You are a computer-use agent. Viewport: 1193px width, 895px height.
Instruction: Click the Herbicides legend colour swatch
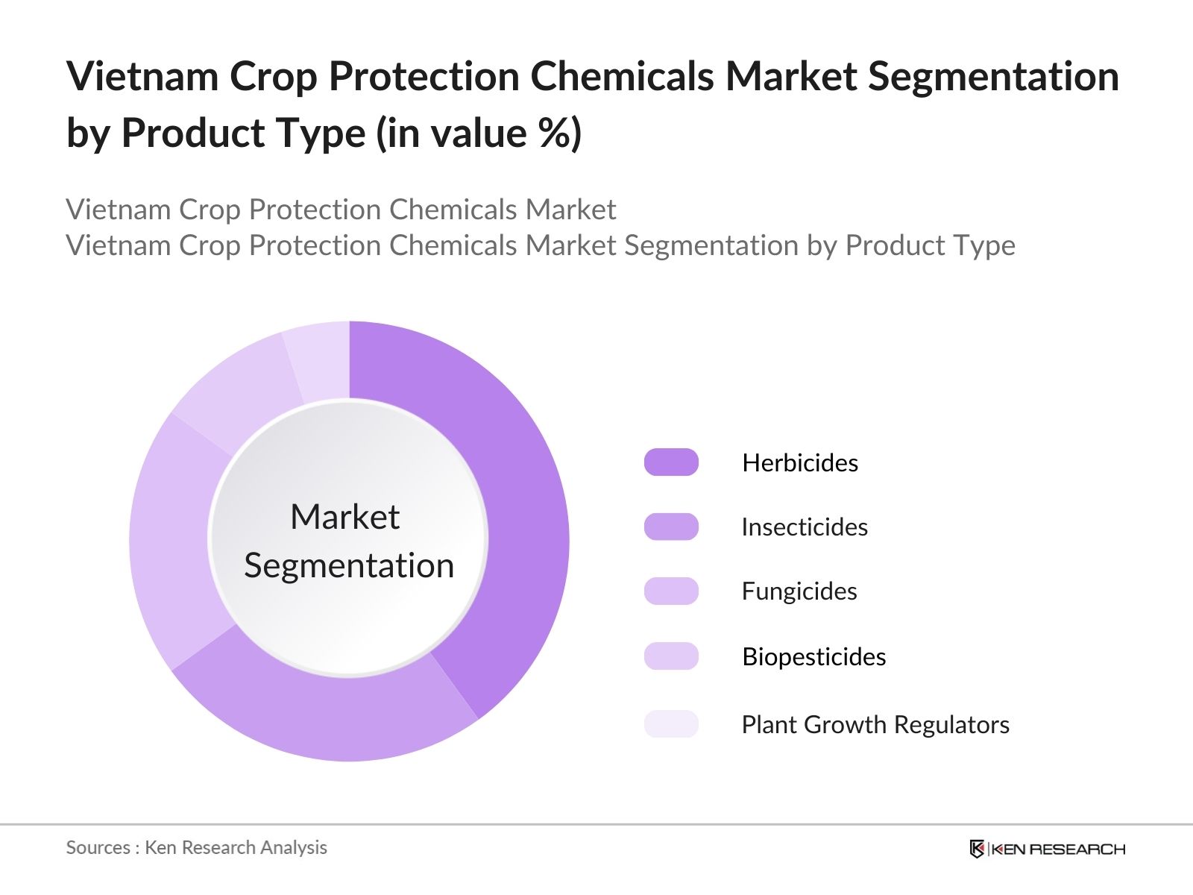(x=671, y=462)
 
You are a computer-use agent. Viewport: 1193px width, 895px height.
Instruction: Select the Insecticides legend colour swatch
(x=671, y=527)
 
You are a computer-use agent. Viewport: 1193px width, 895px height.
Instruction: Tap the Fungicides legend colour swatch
(x=671, y=591)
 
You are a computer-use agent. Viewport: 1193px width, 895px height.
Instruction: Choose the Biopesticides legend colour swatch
(x=671, y=656)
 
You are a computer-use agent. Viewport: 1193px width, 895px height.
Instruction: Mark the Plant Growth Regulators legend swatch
(x=671, y=724)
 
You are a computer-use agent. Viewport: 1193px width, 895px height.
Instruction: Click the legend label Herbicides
(x=800, y=463)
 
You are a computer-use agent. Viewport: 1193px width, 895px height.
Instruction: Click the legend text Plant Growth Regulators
(x=875, y=725)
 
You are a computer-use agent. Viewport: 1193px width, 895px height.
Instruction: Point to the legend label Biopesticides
(x=814, y=657)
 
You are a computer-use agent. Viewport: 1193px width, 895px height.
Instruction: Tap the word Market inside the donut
(x=344, y=517)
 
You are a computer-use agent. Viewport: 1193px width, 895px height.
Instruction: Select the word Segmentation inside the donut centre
(x=349, y=565)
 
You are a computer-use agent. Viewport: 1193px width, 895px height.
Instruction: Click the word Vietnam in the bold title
(x=142, y=76)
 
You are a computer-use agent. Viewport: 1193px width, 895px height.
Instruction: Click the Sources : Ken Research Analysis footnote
(x=196, y=847)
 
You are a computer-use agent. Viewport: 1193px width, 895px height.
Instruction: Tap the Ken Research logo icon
(x=977, y=849)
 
